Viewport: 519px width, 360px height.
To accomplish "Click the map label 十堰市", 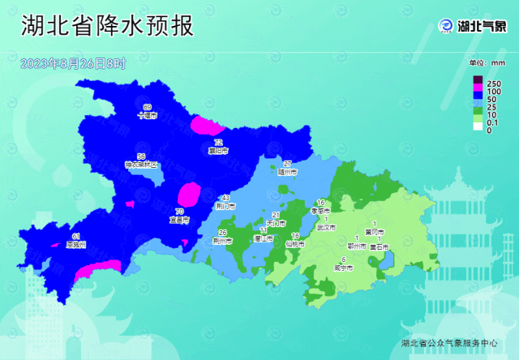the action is click(147, 116).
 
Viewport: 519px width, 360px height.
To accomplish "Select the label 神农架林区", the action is click(142, 165).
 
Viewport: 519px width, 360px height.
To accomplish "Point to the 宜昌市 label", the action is click(178, 220).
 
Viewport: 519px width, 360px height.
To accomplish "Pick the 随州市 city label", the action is click(287, 173).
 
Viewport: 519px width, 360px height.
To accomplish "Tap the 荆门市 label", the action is click(225, 207).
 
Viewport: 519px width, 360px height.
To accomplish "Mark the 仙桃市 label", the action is click(295, 243).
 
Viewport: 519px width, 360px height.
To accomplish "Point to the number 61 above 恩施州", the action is click(54, 237).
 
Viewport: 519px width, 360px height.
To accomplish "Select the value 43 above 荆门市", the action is click(225, 199).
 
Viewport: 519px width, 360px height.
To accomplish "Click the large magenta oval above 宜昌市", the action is click(188, 195).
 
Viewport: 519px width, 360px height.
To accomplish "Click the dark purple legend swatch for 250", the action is click(478, 79).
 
